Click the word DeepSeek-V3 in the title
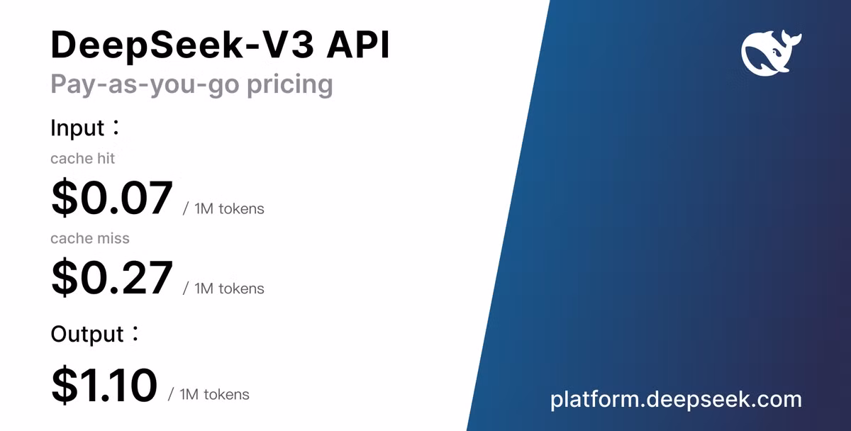pyautogui.click(x=183, y=45)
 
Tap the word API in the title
pyautogui.click(x=358, y=45)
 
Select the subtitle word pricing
pyautogui.click(x=290, y=84)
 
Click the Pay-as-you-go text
pyautogui.click(x=145, y=84)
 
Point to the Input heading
pyautogui.click(x=77, y=128)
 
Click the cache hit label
pyautogui.click(x=82, y=158)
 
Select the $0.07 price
pyautogui.click(x=112, y=198)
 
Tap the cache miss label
pyautogui.click(x=90, y=238)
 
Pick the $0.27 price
pyautogui.click(x=112, y=277)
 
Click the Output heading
pyautogui.click(x=87, y=334)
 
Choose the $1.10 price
pyautogui.click(x=104, y=385)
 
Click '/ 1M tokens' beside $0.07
pyautogui.click(x=223, y=209)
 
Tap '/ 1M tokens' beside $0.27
pyautogui.click(x=223, y=289)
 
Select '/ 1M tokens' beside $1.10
pyautogui.click(x=208, y=395)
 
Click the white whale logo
pyautogui.click(x=772, y=53)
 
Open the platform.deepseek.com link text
pyautogui.click(x=676, y=400)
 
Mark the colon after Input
pyautogui.click(x=116, y=127)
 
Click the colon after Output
pyautogui.click(x=135, y=333)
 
